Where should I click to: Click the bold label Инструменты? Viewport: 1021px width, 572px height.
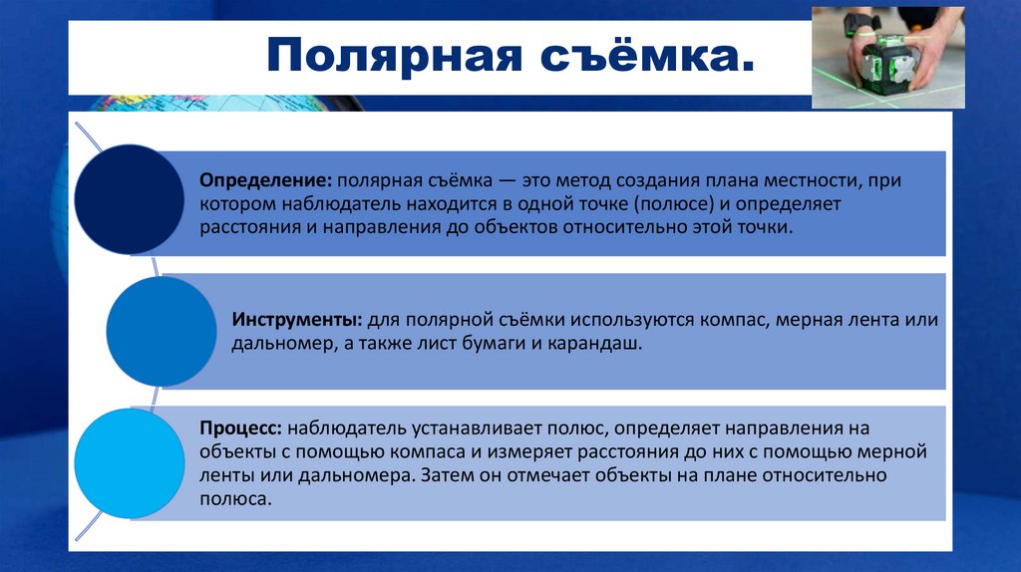coord(297,322)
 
